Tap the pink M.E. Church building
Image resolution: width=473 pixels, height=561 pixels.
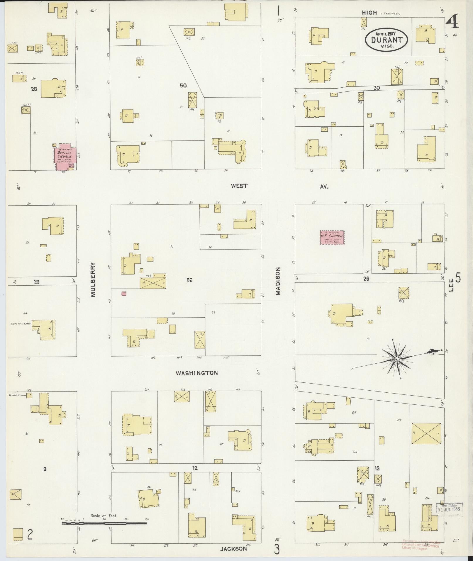pyautogui.click(x=332, y=237)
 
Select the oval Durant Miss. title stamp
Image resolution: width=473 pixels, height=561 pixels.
pyautogui.click(x=387, y=39)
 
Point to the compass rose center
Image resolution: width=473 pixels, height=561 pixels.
pyautogui.click(x=396, y=359)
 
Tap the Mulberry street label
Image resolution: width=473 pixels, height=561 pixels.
pyautogui.click(x=94, y=279)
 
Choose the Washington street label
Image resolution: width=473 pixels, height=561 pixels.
pyautogui.click(x=197, y=373)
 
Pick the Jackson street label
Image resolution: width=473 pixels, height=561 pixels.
pyautogui.click(x=233, y=549)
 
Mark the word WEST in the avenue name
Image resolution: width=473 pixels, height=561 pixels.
pyautogui.click(x=239, y=186)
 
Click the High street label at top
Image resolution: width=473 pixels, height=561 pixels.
pyautogui.click(x=369, y=13)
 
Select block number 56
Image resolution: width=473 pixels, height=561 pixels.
pyautogui.click(x=189, y=280)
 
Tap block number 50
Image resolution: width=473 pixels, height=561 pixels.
pyautogui.click(x=183, y=86)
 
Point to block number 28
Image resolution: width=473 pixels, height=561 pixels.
pyautogui.click(x=34, y=89)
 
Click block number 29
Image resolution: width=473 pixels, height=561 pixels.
pyautogui.click(x=37, y=282)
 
